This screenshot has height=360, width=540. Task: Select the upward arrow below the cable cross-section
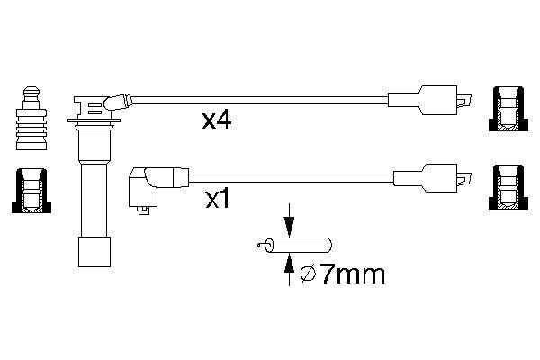(289, 263)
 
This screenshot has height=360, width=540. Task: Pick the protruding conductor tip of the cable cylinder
(263, 244)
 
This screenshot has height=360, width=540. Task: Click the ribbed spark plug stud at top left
(31, 121)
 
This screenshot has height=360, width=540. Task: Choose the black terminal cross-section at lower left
(31, 190)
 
